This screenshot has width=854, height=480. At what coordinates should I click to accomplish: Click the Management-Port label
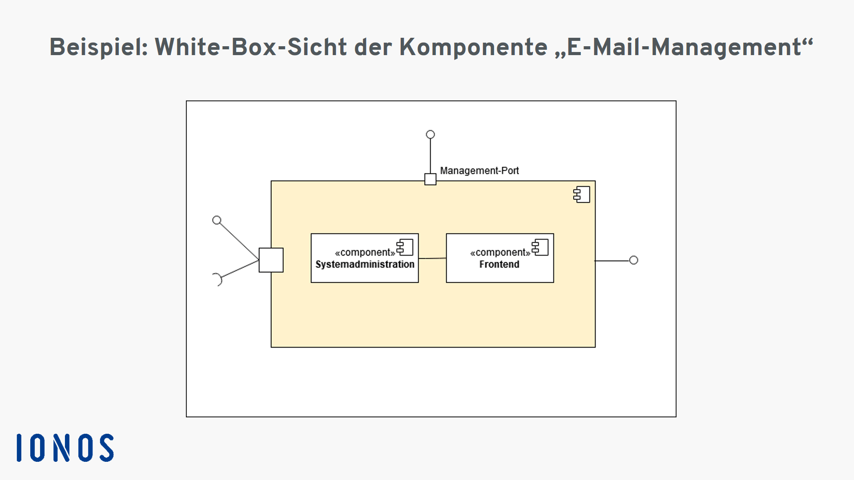[479, 171]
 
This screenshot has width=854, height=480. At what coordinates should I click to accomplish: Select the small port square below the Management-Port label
[430, 179]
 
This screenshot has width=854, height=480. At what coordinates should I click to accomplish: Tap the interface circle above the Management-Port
[430, 134]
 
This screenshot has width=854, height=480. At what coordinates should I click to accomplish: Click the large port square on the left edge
[271, 260]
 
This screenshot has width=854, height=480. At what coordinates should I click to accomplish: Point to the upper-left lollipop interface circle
[217, 220]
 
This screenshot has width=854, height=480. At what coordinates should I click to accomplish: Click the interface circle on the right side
[634, 260]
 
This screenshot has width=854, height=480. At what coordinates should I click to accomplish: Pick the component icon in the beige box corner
[582, 195]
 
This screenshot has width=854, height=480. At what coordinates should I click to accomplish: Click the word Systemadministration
[365, 264]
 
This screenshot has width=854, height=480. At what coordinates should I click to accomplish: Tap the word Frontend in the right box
[499, 264]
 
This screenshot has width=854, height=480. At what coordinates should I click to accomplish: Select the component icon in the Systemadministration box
[405, 247]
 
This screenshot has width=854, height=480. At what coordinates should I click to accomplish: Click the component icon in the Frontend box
[540, 247]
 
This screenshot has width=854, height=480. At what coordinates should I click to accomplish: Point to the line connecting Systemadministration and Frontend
[432, 258]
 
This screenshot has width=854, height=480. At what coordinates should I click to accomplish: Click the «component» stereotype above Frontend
[500, 252]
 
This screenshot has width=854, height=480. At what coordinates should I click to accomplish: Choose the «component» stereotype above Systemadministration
[365, 252]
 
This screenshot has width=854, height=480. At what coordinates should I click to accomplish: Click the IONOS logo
[65, 448]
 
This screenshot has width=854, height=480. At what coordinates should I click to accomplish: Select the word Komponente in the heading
[473, 48]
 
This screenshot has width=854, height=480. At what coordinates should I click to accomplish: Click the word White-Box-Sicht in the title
[251, 47]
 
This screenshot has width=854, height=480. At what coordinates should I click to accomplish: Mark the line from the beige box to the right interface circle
[612, 260]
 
